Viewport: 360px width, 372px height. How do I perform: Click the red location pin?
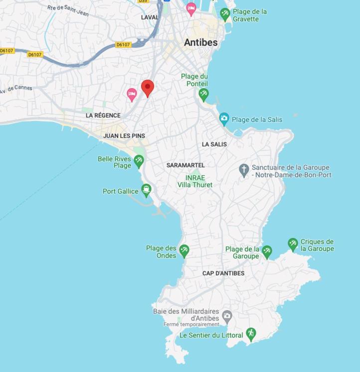[x=147, y=88]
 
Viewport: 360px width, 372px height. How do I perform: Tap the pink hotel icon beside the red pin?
[x=132, y=94]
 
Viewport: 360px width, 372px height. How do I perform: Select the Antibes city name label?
[x=200, y=42]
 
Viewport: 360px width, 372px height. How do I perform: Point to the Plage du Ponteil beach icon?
[x=203, y=93]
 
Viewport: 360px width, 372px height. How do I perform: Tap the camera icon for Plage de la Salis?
[x=224, y=119]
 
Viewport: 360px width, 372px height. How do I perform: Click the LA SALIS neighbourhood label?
[x=214, y=144]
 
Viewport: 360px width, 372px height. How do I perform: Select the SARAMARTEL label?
[x=185, y=165]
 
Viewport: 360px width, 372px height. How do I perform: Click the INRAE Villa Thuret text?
[x=195, y=181]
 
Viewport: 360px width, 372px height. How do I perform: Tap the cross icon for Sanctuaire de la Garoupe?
[x=244, y=170]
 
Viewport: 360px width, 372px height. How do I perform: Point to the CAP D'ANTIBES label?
[x=223, y=273]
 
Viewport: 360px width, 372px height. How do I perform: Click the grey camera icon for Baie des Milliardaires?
[x=227, y=315]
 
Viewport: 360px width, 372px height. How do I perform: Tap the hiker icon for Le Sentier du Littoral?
[x=251, y=333]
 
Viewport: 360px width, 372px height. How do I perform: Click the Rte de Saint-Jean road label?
[x=68, y=10]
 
